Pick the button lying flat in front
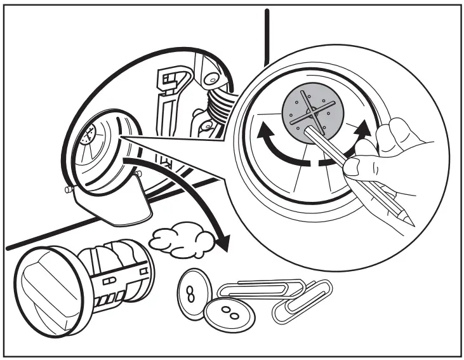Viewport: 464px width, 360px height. click(x=229, y=314)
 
